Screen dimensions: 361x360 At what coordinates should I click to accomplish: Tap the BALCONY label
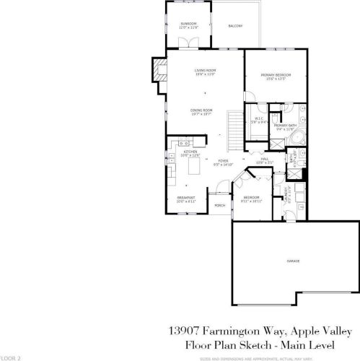click(235, 26)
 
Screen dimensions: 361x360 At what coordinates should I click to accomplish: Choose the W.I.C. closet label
click(258, 121)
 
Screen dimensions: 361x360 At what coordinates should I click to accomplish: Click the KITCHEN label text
click(190, 153)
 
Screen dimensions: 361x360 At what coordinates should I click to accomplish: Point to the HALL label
click(265, 160)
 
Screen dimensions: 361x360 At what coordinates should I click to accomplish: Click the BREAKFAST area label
click(186, 199)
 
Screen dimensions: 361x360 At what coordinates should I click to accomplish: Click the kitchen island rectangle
click(193, 168)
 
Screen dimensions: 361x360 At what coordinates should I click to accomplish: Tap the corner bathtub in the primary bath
click(300, 137)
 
